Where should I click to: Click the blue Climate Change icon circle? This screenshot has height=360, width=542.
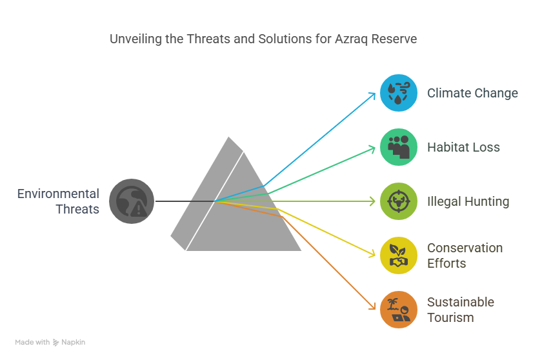(x=399, y=93)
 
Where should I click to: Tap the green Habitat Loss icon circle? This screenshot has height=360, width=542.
(x=399, y=147)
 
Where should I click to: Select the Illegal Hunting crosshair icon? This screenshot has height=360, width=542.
(x=399, y=201)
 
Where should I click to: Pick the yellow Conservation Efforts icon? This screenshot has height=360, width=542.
(x=399, y=255)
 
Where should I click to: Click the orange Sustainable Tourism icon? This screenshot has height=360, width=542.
(x=399, y=310)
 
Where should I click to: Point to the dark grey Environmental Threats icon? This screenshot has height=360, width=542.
(x=132, y=201)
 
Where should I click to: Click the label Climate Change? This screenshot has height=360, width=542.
(x=472, y=94)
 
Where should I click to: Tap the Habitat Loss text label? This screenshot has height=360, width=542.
(x=463, y=148)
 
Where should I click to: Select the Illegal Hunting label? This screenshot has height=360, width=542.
(x=468, y=202)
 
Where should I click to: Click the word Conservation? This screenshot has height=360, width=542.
(x=465, y=248)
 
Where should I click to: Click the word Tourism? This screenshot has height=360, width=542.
(x=450, y=318)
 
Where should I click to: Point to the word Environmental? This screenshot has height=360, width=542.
(x=58, y=194)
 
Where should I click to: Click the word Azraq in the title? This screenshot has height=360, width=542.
(x=351, y=39)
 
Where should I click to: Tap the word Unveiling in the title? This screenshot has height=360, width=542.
(x=135, y=39)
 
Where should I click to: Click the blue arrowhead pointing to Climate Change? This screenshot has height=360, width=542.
(x=372, y=95)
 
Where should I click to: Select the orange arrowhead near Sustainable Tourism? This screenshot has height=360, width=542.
(x=373, y=306)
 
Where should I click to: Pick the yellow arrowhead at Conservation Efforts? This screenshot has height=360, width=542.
(x=372, y=254)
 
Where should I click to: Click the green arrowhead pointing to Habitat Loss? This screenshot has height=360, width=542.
(x=372, y=149)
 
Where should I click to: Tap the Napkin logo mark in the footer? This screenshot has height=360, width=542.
(x=55, y=343)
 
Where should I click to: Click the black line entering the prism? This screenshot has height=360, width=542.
(x=185, y=201)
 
